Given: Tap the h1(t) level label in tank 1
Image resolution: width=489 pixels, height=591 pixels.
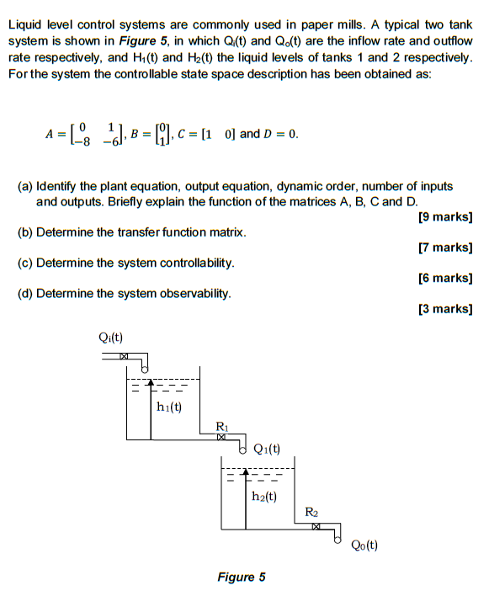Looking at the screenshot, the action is (x=170, y=407).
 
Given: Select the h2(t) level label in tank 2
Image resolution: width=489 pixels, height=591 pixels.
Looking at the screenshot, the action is (x=264, y=497).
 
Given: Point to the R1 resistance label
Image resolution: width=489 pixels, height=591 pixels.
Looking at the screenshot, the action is (x=221, y=425).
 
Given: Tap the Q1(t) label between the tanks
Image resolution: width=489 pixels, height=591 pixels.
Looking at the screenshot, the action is (x=267, y=448).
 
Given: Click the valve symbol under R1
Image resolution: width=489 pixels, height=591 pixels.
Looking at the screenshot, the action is (x=221, y=437).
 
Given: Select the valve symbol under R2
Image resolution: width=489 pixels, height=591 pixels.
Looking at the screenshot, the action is (x=316, y=527).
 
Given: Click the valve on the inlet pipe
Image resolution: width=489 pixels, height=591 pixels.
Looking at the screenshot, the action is (x=124, y=358).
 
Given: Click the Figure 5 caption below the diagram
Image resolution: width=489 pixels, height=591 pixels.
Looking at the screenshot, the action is (x=241, y=577).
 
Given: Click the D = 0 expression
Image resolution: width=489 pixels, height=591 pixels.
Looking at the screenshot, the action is (x=280, y=134).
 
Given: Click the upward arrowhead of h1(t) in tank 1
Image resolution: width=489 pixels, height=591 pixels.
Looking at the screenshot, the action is (x=150, y=383).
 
